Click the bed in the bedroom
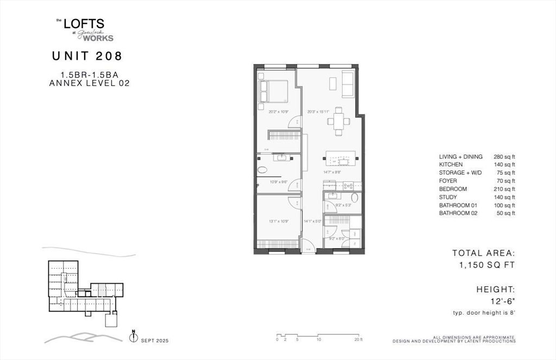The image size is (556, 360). click(274, 91)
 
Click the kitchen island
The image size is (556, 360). click(340, 159)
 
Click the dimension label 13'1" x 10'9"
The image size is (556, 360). click(278, 221)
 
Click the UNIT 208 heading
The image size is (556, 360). click(87, 55)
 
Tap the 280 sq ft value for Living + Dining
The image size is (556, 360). click(504, 156)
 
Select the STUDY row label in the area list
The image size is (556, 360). click(448, 197)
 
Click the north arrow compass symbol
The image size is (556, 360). click(133, 337)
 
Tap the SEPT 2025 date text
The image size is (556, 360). click(155, 340)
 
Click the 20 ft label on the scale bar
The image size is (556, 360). click(358, 339)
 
